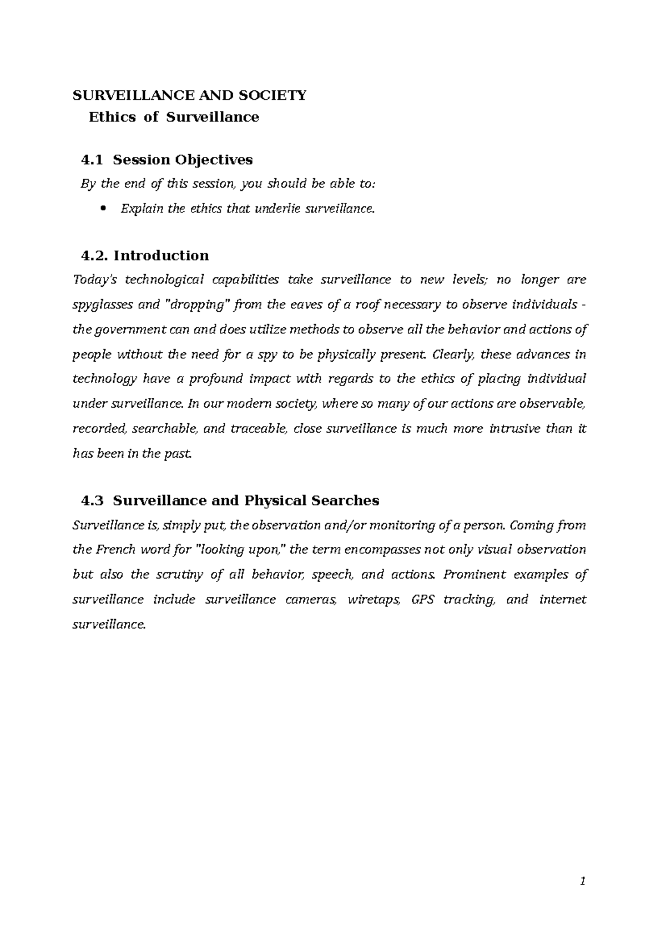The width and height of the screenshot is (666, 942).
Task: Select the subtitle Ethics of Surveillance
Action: pos(174,117)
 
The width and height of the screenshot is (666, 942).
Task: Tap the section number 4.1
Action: pos(92,160)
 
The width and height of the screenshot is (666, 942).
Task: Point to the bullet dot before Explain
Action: pos(105,209)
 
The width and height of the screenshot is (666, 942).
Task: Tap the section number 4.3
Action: pos(92,500)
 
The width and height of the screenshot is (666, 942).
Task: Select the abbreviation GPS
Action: pos(422,599)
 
